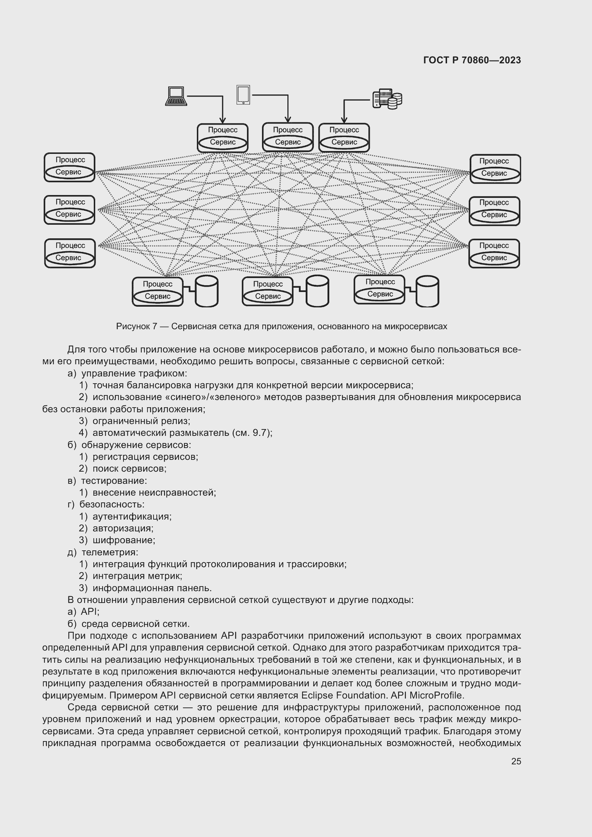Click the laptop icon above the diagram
[176, 96]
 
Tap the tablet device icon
[243, 95]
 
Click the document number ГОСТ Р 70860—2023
[472, 60]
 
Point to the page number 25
[516, 761]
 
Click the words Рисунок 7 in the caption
[136, 326]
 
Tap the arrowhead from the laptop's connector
[222, 120]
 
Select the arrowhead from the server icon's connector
[344, 120]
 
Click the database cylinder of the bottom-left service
[207, 291]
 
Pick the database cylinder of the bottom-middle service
[317, 291]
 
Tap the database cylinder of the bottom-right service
[427, 291]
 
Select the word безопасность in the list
[112, 504]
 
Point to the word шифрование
[123, 540]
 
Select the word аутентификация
[132, 516]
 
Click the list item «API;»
[90, 611]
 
